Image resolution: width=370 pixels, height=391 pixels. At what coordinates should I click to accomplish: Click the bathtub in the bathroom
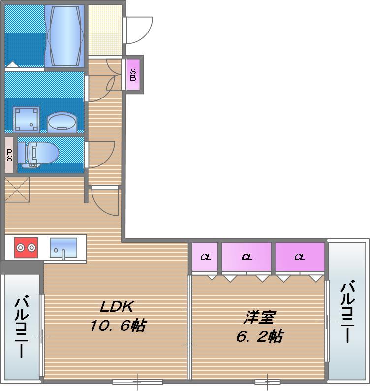click(x=64, y=35)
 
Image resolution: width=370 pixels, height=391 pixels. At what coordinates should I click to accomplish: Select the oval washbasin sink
click(x=62, y=121)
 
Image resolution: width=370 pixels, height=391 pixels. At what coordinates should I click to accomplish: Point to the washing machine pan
click(x=27, y=119)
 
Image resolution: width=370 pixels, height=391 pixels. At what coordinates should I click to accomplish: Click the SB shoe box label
click(x=133, y=74)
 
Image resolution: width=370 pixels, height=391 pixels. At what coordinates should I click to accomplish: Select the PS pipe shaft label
click(x=9, y=155)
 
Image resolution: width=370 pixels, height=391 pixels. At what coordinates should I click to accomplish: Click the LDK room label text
click(x=116, y=307)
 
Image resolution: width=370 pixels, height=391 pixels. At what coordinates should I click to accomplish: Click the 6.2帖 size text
click(x=259, y=337)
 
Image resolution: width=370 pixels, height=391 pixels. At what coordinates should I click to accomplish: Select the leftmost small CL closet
click(x=204, y=257)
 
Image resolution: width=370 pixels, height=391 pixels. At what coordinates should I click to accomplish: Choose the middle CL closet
click(x=247, y=257)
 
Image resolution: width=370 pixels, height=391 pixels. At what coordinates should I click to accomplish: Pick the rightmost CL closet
click(x=300, y=257)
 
